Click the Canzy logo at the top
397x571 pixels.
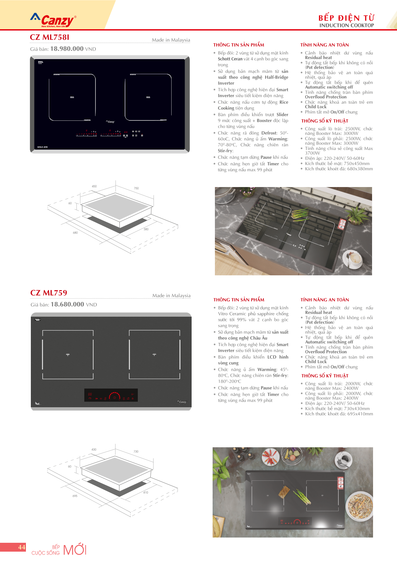[53, 21]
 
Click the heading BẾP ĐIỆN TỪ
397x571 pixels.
[346, 18]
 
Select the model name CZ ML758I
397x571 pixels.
[50, 37]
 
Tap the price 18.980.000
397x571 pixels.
[67, 49]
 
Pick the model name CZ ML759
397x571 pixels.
[49, 293]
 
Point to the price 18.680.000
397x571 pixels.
[67, 305]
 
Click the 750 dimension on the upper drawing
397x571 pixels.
[136, 188]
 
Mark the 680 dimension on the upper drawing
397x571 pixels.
[75, 233]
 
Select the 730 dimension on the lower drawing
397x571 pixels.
[136, 452]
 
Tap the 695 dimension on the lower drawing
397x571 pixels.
[75, 496]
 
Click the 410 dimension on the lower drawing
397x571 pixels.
[146, 493]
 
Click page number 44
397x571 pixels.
[22, 547]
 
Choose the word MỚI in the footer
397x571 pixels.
[74, 550]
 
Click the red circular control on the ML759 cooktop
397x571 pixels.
[115, 397]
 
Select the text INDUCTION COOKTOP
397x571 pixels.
[346, 26]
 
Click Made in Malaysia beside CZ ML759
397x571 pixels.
[171, 296]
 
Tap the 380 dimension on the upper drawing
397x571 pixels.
[146, 229]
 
